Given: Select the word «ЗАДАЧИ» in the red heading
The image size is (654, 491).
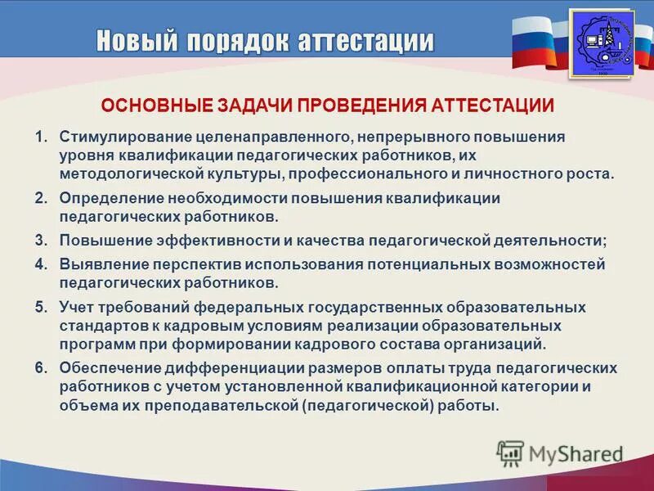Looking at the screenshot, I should point(254,106).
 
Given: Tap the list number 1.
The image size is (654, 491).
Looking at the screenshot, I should point(41,136).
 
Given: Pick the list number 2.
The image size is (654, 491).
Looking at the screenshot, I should point(41,199).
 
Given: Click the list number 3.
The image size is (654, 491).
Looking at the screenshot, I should point(41,241).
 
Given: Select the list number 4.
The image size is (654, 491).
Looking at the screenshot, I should point(41,264).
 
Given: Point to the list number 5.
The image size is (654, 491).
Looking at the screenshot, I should point(41,308).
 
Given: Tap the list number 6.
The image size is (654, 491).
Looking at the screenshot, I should point(41,368).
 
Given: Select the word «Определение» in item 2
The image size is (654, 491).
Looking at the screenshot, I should point(110,199).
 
